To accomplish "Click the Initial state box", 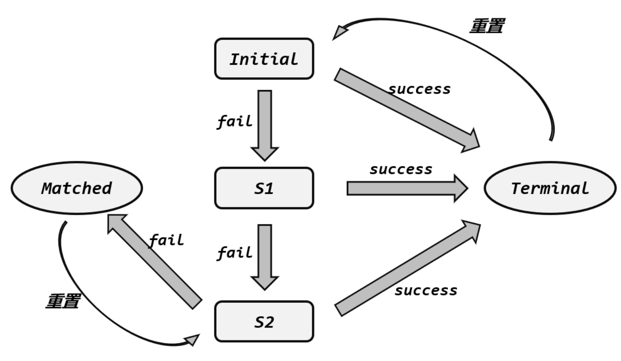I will [x=264, y=59].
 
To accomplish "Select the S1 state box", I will [x=264, y=188].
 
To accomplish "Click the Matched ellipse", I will [x=76, y=188].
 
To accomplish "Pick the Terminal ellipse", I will [x=549, y=188].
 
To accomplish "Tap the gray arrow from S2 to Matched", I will [x=154, y=262].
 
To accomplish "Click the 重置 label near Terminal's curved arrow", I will [x=487, y=26].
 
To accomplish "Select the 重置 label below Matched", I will [x=63, y=301].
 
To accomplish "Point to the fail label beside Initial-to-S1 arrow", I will [x=235, y=121].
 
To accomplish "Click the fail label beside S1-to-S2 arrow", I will [x=235, y=253].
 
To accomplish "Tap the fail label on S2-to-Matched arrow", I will [x=166, y=240].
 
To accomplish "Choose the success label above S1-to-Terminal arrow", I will [x=401, y=170].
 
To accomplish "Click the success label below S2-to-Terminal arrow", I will [x=426, y=290].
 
